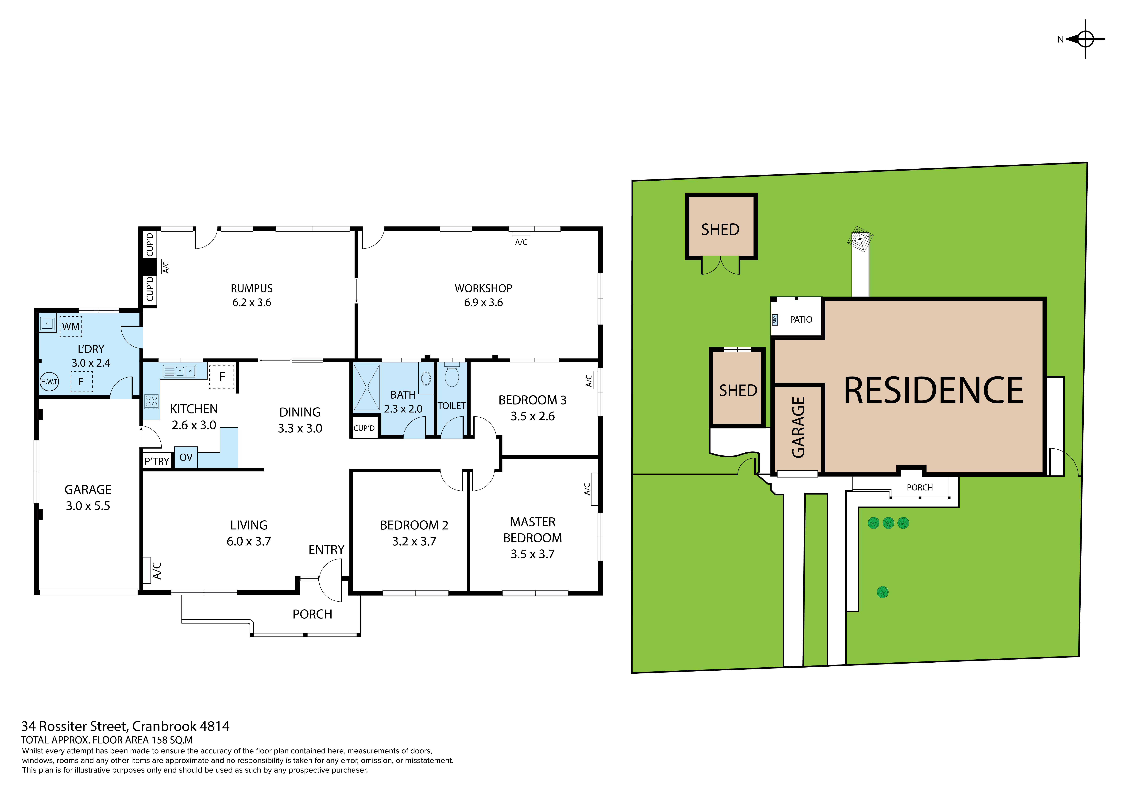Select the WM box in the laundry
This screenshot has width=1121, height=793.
pos(71,326)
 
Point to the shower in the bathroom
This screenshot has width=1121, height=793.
pos(366,387)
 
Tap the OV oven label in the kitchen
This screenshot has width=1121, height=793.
pos(186,458)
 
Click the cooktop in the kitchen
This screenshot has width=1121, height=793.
pos(151,401)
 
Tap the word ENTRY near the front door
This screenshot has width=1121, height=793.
pos(326,550)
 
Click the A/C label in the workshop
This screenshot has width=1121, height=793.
pos(521,242)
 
